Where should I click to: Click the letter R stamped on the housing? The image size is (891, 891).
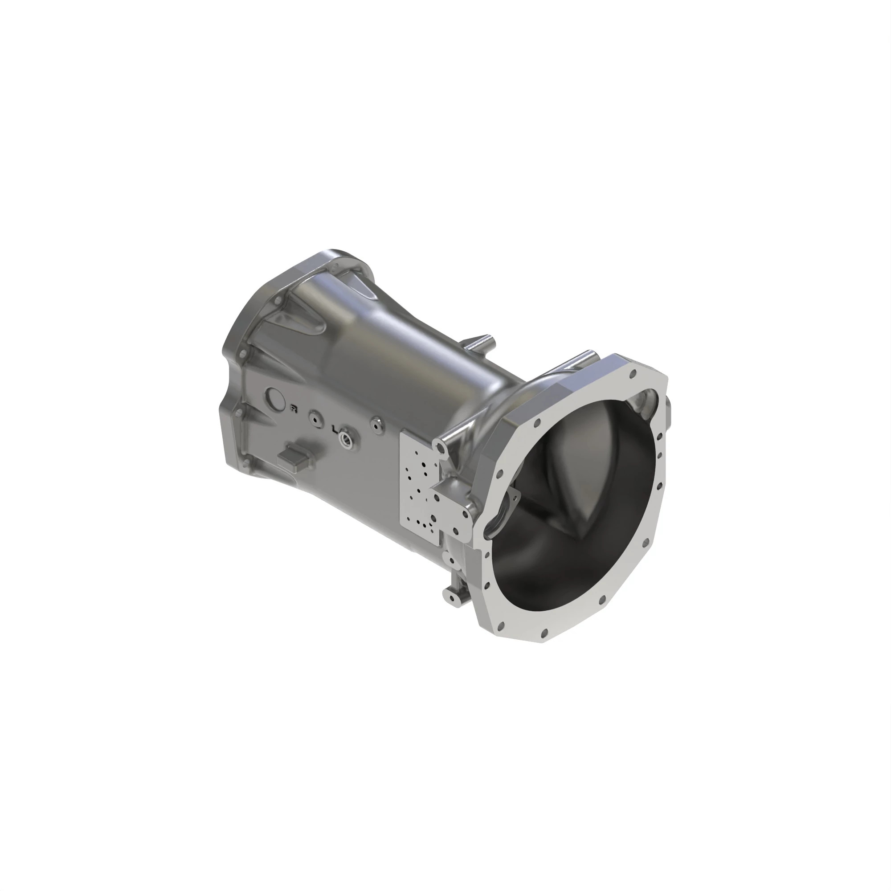[x=293, y=408]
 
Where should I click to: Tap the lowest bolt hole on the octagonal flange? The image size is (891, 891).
[x=544, y=632]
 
